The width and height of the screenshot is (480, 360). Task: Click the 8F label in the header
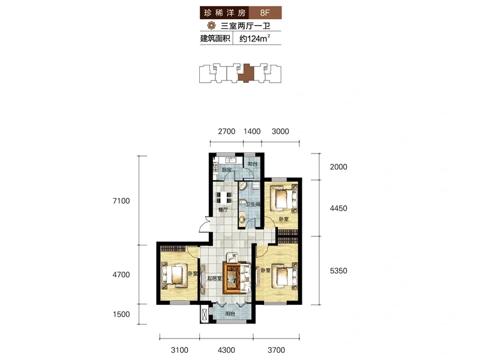click(x=265, y=13)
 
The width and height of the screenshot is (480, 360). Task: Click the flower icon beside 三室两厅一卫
click(x=212, y=25)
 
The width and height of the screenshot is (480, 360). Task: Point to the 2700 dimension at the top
click(x=227, y=131)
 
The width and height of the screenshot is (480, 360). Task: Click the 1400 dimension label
click(x=252, y=131)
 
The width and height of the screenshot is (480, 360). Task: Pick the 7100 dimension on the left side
click(x=121, y=201)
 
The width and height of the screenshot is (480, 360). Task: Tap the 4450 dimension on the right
click(x=338, y=208)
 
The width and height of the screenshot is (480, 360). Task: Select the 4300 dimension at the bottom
click(x=226, y=350)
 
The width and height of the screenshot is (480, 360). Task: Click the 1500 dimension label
click(x=121, y=314)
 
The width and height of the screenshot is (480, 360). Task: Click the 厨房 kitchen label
click(x=227, y=170)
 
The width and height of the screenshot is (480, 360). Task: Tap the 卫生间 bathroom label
click(x=253, y=204)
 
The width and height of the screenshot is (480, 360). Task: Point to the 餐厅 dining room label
click(x=223, y=210)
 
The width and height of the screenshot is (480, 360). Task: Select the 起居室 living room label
click(x=214, y=278)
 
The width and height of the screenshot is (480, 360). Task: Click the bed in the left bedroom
click(x=175, y=275)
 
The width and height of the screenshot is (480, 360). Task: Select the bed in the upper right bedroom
click(x=284, y=197)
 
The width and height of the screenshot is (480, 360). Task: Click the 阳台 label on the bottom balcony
click(x=230, y=314)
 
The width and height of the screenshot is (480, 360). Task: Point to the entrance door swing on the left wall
click(x=205, y=225)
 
